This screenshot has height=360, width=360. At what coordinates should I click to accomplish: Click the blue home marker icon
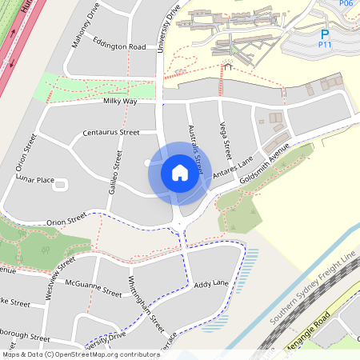[180, 172]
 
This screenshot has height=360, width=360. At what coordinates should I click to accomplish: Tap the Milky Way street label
[120, 102]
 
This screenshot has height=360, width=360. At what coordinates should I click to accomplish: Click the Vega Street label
[226, 138]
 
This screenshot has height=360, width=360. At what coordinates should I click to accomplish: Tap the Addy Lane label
[211, 284]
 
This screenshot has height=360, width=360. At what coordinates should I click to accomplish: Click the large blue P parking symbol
[325, 34]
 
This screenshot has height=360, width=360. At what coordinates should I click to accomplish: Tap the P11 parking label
[325, 46]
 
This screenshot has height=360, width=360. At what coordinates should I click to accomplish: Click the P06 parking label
[346, 4]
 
